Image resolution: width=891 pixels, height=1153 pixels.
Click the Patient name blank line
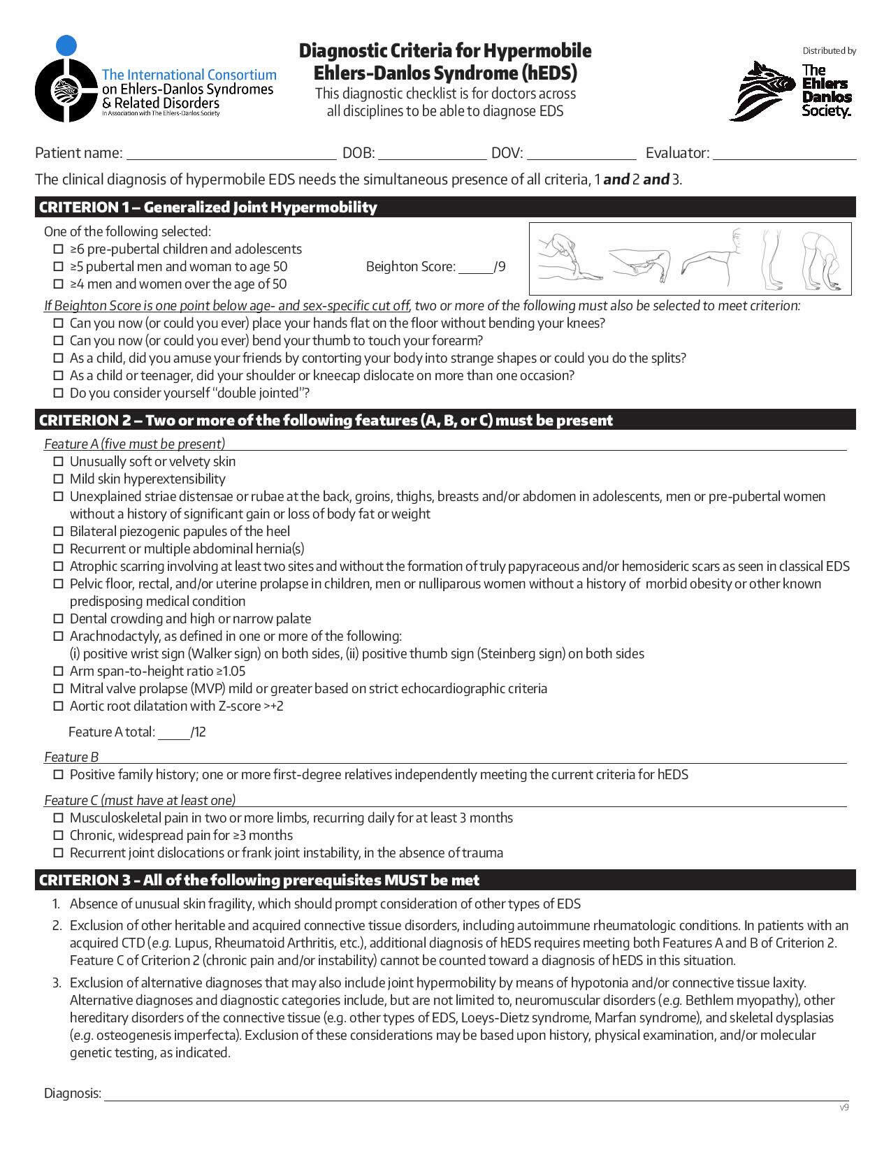[x=231, y=154]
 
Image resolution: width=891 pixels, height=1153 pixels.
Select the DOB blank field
[x=432, y=154]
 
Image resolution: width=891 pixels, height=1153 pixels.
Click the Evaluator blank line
[x=784, y=154]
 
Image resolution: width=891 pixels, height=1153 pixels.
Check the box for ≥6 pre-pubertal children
[x=59, y=249]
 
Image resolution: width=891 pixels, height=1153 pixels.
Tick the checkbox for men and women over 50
[x=59, y=284]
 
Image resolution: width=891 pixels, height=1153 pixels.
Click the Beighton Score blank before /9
[x=475, y=268]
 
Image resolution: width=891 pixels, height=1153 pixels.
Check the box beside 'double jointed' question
[x=59, y=393]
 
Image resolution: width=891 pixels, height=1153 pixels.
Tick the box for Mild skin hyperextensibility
[x=59, y=479]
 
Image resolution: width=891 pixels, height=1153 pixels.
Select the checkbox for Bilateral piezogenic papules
[x=59, y=532]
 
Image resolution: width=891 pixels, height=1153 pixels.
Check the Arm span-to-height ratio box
[x=59, y=672]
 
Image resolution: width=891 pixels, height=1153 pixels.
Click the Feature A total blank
[x=174, y=733]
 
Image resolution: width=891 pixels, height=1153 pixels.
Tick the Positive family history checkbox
[x=59, y=775]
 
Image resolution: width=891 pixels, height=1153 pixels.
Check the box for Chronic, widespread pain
[x=59, y=836]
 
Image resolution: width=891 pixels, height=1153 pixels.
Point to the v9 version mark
[x=844, y=1108]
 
